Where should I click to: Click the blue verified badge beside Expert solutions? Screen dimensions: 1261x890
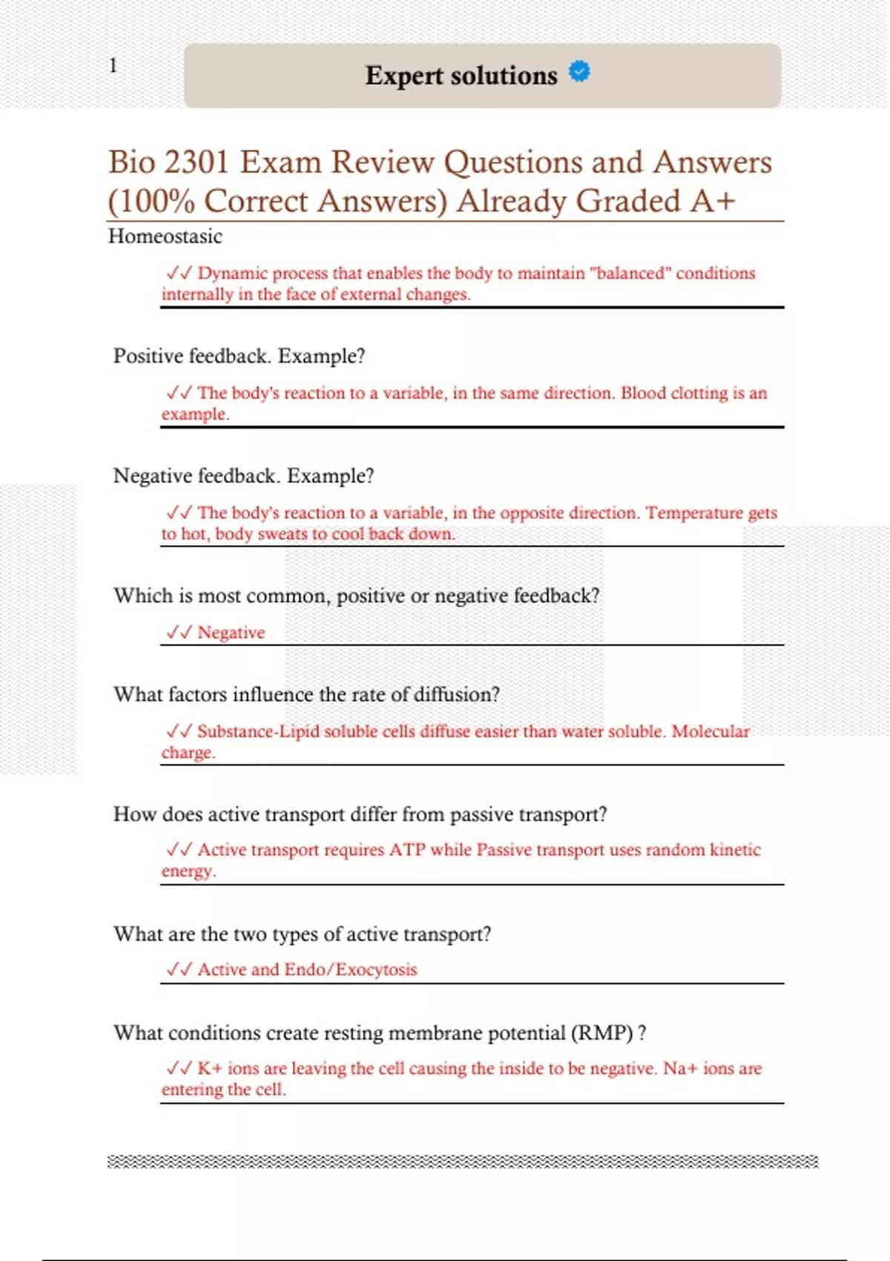[x=579, y=71]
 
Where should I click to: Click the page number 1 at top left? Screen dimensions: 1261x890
[x=113, y=65]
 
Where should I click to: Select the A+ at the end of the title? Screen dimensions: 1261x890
[x=713, y=201]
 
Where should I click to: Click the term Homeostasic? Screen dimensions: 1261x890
[x=165, y=237]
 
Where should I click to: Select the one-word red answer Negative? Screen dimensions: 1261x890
[x=231, y=633]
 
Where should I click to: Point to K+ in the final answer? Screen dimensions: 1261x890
[x=210, y=1069]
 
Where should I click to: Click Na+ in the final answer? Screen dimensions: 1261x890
[x=680, y=1069]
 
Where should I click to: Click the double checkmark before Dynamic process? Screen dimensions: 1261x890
[x=179, y=273]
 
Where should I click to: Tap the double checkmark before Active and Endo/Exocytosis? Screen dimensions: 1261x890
[x=179, y=969]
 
